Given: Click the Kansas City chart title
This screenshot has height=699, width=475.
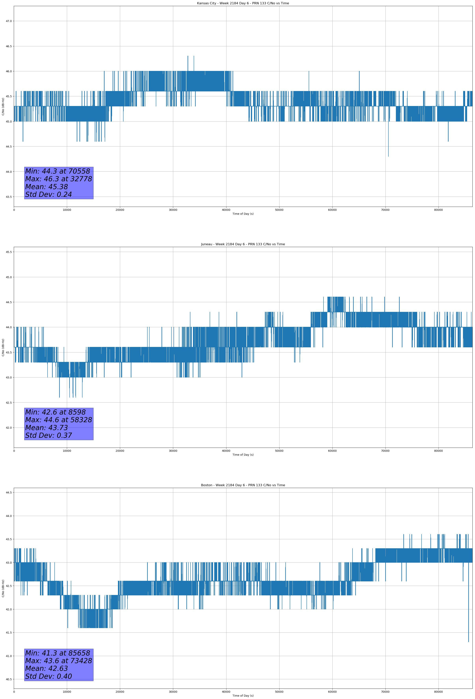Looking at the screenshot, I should (x=243, y=3).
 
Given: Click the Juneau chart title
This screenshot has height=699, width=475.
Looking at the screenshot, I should (x=243, y=244).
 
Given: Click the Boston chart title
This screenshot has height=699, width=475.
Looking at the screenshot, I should (x=243, y=485).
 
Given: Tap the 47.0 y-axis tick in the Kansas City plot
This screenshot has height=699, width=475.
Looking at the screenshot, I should (x=9, y=21).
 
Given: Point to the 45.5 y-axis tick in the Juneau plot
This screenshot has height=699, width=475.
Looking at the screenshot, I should (x=9, y=252).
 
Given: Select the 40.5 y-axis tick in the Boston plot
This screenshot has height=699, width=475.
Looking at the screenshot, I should (x=9, y=679).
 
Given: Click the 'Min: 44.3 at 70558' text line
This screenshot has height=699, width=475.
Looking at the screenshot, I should (x=58, y=171).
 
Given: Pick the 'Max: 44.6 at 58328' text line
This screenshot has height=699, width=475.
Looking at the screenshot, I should (x=58, y=420).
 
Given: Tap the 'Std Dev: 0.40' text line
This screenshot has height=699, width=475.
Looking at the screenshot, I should (x=49, y=676).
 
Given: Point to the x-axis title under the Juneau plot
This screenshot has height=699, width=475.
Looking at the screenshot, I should (x=243, y=455).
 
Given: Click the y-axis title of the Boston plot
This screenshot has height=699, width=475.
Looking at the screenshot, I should (x=3, y=588).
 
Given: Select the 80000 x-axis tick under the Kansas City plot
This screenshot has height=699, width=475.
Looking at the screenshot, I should (x=438, y=210).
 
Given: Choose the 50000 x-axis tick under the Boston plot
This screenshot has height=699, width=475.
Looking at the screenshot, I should (x=279, y=692).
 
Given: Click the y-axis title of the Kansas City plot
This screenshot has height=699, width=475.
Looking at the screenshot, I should (x=3, y=106).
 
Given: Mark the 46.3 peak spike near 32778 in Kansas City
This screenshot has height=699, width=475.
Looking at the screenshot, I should (x=188, y=57).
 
